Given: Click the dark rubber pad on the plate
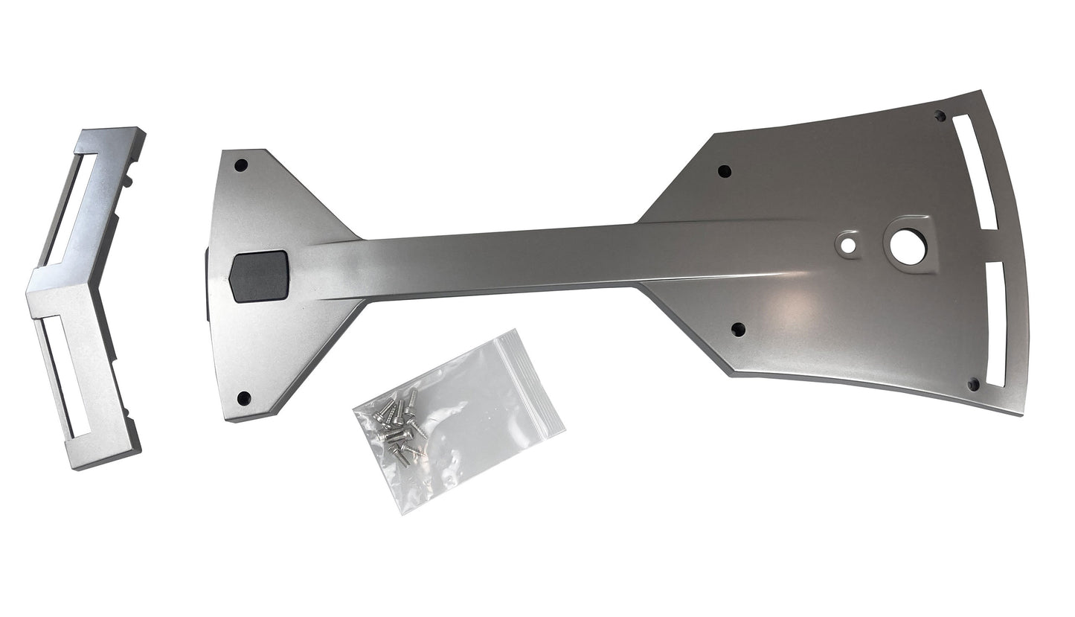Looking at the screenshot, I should [x=259, y=275].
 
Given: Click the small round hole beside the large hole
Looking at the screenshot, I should [x=847, y=243].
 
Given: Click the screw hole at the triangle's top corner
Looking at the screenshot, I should [x=240, y=165].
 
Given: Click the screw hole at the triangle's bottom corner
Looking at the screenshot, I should [x=243, y=398].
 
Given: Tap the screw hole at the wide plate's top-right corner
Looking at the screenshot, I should [x=940, y=116].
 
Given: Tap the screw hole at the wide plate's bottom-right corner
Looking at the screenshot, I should [x=972, y=384].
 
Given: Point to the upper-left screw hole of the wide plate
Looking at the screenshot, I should [x=724, y=171].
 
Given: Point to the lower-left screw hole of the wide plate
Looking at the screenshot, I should [x=738, y=329].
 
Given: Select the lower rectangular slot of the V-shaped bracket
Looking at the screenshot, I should [x=65, y=372].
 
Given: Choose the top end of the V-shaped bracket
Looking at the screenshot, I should [x=112, y=134].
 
